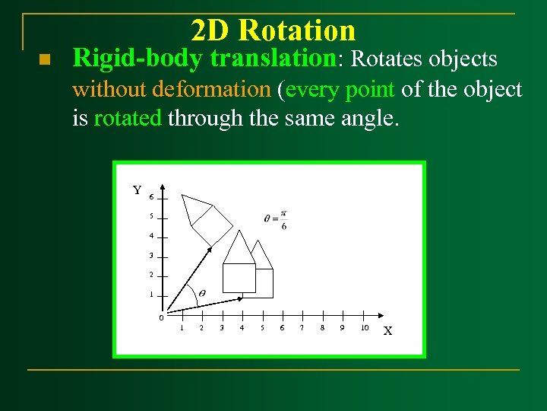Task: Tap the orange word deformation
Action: pyautogui.click(x=210, y=90)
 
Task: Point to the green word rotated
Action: pyautogui.click(x=127, y=119)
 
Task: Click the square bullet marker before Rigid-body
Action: pyautogui.click(x=43, y=60)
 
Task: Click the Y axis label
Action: pyautogui.click(x=137, y=190)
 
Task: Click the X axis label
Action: pyautogui.click(x=387, y=331)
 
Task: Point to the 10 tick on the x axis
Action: pyautogui.click(x=365, y=328)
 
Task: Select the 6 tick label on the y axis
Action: pyautogui.click(x=151, y=197)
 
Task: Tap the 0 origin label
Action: pyautogui.click(x=160, y=317)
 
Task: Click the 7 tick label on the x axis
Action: pyautogui.click(x=302, y=328)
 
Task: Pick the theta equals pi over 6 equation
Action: pyautogui.click(x=276, y=218)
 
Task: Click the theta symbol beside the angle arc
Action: pyautogui.click(x=201, y=293)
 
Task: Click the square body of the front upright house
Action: pyautogui.click(x=239, y=278)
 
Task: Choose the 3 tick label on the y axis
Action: pyautogui.click(x=151, y=255)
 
